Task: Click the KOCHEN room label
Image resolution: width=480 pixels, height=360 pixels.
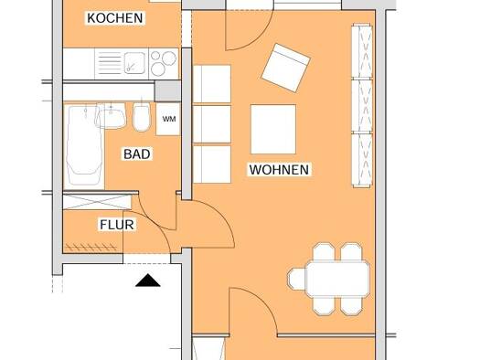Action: [115, 18]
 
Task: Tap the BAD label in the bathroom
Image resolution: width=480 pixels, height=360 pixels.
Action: [137, 154]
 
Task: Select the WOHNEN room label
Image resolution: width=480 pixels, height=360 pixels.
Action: [279, 170]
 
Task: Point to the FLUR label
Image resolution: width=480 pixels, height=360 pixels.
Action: [117, 225]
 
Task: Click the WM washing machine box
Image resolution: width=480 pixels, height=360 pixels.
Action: [168, 119]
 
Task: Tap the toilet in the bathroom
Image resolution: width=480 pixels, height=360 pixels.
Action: [142, 117]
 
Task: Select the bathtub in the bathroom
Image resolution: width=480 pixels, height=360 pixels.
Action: [84, 144]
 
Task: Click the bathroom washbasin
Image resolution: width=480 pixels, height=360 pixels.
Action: [111, 116]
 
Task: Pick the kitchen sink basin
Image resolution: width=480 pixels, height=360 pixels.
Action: [134, 63]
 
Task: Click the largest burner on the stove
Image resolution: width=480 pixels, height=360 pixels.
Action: [169, 58]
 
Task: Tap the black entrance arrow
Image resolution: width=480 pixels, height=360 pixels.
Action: [147, 281]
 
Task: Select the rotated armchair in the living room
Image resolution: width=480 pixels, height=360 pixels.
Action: [286, 68]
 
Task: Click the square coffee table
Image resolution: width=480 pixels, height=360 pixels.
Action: [273, 129]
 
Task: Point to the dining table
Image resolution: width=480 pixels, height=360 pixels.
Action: [337, 279]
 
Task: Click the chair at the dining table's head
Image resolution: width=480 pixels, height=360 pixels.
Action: [296, 279]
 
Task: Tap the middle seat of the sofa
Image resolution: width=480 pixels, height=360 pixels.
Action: [212, 124]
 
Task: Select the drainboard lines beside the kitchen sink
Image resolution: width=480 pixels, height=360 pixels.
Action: [110, 63]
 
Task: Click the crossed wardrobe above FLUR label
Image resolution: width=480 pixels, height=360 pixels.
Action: [97, 202]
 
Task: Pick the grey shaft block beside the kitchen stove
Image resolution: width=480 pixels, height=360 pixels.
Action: [167, 91]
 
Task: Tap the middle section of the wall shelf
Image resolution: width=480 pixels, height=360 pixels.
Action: [362, 106]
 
